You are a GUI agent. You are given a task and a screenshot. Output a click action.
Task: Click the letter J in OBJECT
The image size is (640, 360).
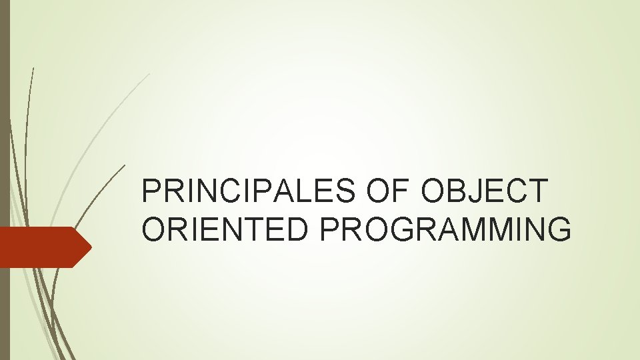[488, 192]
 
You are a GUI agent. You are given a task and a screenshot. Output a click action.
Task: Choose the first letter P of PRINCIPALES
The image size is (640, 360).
[151, 192]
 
